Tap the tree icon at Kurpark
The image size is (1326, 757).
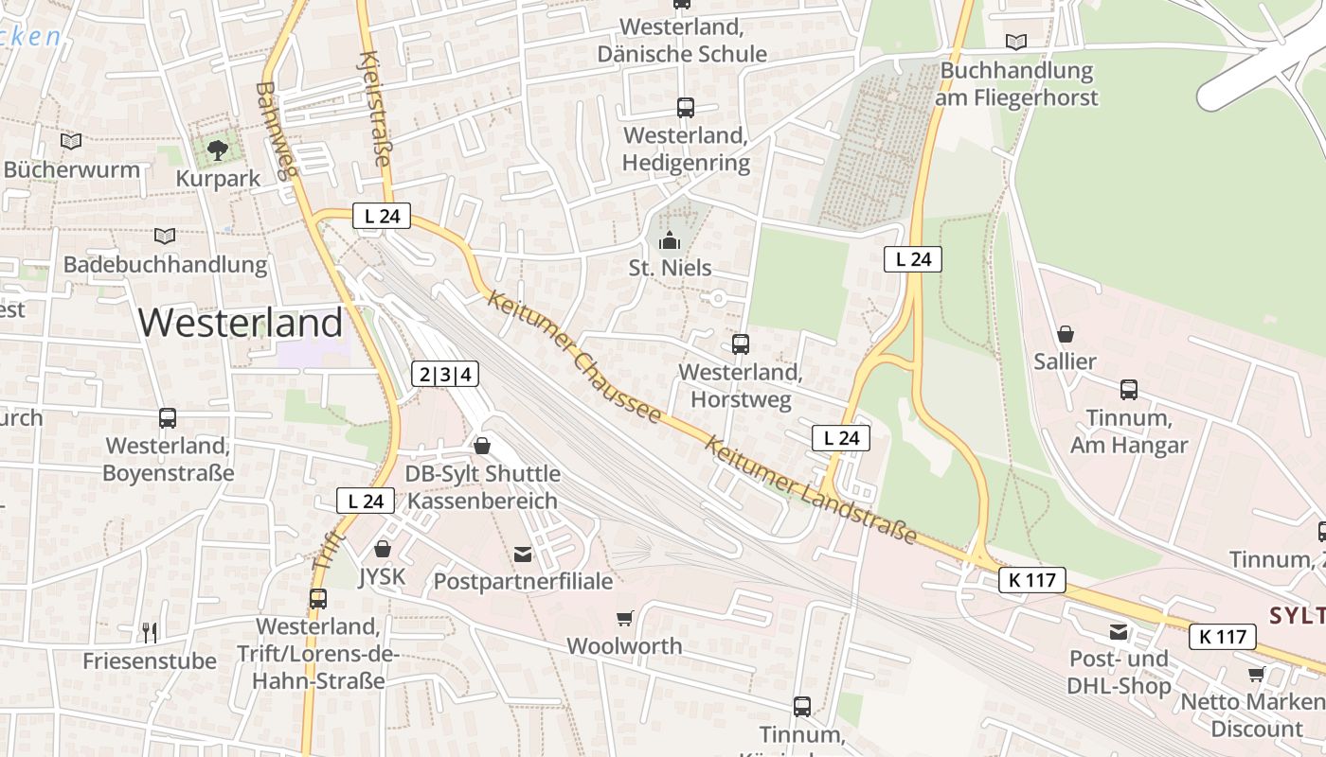[x=218, y=149]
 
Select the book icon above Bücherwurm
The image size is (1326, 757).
[x=71, y=141]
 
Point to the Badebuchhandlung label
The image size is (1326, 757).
[x=165, y=265]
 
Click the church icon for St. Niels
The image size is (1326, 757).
[x=670, y=240]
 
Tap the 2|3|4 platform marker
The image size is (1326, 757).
[x=445, y=374]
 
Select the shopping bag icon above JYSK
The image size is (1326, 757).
[x=383, y=549]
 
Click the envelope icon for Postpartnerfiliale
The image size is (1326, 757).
[x=523, y=554]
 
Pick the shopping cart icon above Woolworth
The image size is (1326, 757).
[x=624, y=619]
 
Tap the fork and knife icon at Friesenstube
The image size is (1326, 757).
[x=150, y=632]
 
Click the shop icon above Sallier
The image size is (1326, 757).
[x=1066, y=334]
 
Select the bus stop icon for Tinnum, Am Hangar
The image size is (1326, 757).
[x=1129, y=389]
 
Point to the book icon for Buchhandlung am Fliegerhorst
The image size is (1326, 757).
[x=1016, y=42]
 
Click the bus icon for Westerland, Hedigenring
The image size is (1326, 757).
[x=686, y=108]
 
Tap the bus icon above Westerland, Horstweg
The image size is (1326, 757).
[x=741, y=344]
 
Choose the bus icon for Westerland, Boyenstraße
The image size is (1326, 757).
[x=168, y=417]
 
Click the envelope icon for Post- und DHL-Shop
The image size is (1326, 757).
[x=1120, y=631]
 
